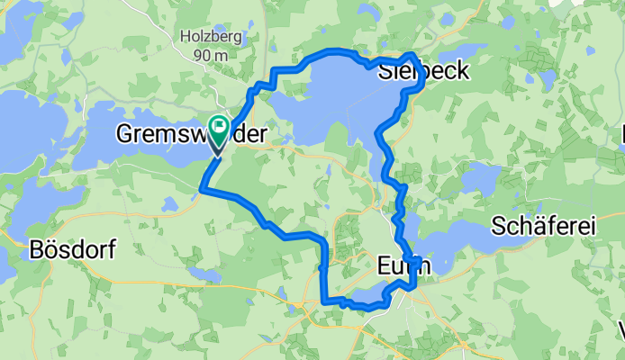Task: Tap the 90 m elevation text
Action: [209, 55]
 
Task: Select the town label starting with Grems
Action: [191, 135]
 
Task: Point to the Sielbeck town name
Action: [423, 72]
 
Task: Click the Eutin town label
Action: [402, 266]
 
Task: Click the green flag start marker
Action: [218, 127]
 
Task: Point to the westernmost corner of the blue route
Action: [201, 188]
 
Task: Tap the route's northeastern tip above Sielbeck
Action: [412, 58]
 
